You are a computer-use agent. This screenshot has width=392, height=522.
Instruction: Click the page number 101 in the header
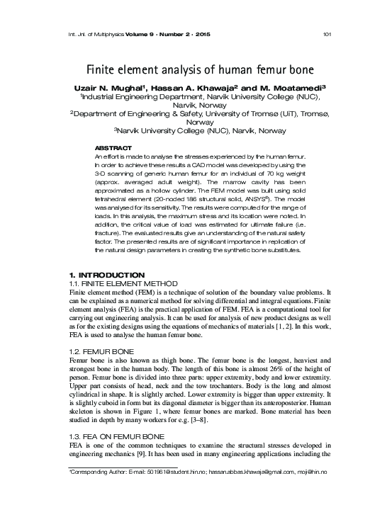pyautogui.click(x=327, y=33)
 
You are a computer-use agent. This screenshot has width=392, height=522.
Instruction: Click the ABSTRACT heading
pyautogui.click(x=113, y=147)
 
